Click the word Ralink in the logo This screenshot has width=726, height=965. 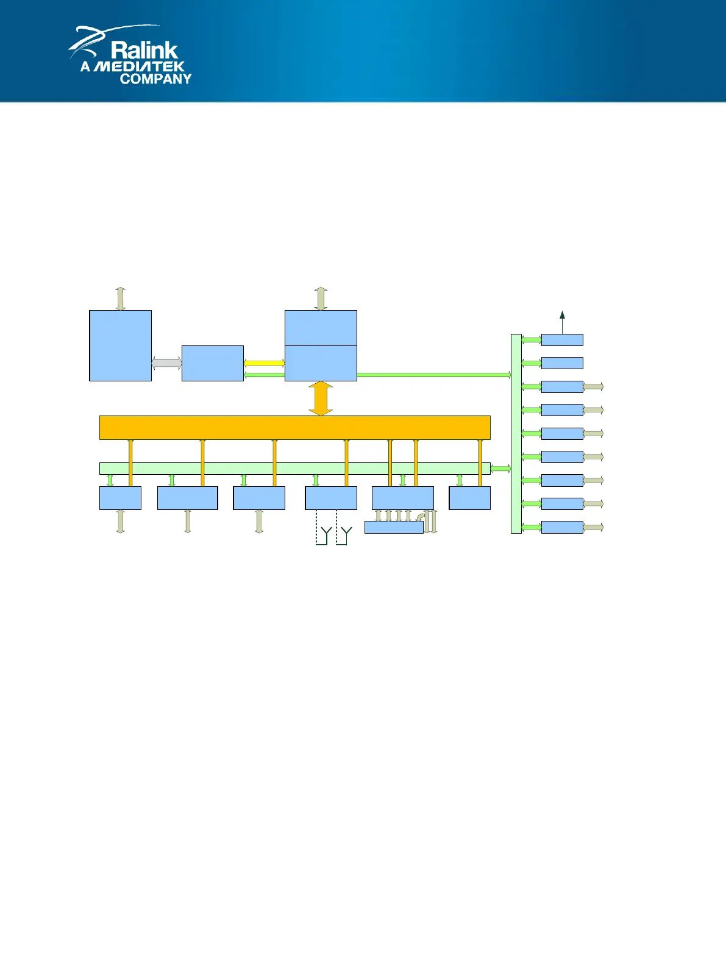(x=144, y=50)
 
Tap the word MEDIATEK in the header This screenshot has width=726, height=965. (x=140, y=66)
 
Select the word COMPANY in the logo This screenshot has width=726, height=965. (x=155, y=79)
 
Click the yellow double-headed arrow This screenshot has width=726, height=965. (x=264, y=363)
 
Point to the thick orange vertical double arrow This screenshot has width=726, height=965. (x=321, y=398)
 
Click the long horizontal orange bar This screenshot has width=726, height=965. (x=294, y=427)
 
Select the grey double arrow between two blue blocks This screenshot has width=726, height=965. (x=166, y=363)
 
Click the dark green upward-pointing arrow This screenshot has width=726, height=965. (x=562, y=322)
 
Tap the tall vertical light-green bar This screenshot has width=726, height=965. (x=516, y=433)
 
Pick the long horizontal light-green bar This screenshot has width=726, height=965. (x=294, y=468)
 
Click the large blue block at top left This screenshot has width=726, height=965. (x=120, y=345)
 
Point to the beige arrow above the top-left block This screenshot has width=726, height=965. (x=120, y=299)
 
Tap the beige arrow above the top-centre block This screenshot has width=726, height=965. (x=321, y=299)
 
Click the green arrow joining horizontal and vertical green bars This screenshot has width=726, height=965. (x=500, y=468)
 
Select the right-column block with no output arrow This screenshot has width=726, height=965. (x=562, y=363)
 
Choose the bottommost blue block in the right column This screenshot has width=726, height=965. (x=562, y=527)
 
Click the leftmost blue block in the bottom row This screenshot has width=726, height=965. (x=120, y=498)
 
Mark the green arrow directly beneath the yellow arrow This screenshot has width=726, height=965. (x=264, y=375)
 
